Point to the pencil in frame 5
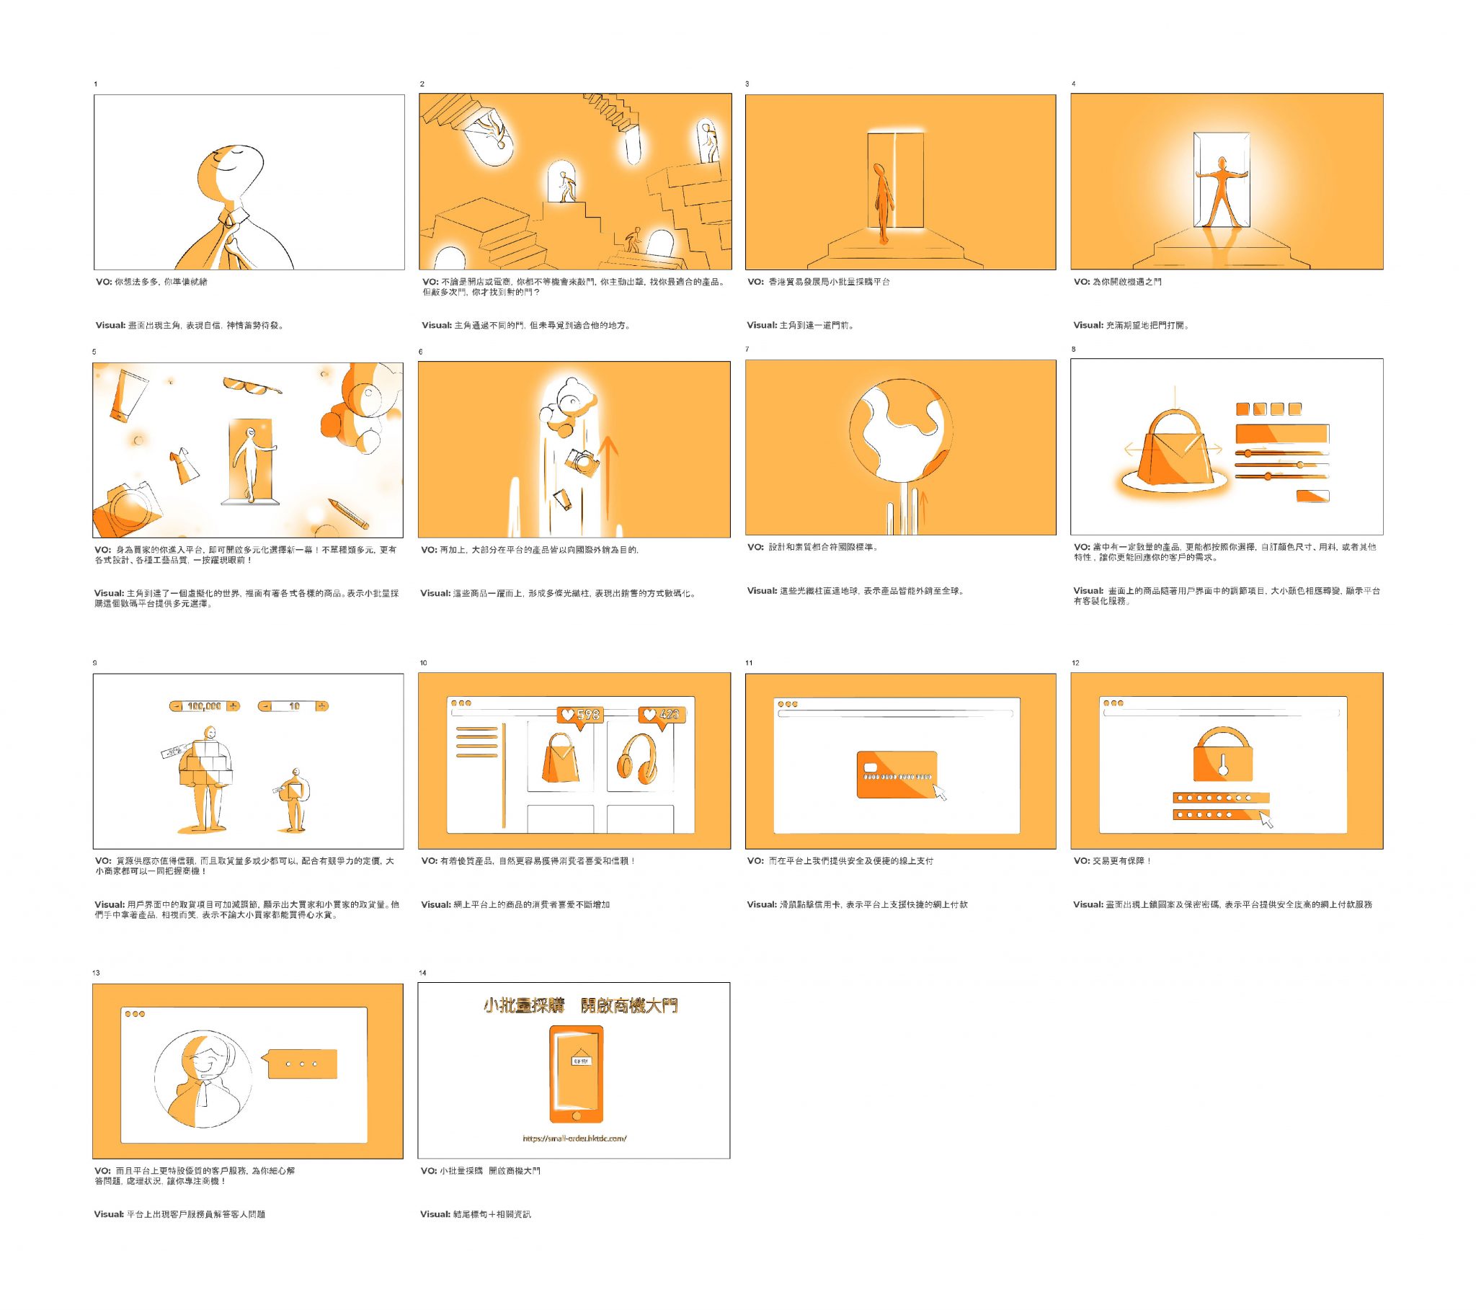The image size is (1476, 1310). pos(348,512)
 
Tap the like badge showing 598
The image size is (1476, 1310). pos(580,715)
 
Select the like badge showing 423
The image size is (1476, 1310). pos(661,715)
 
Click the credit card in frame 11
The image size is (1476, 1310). pos(897,774)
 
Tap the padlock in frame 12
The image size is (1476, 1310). pos(1222,754)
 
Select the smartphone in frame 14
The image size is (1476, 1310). pos(576,1074)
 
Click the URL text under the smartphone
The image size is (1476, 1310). pos(574,1139)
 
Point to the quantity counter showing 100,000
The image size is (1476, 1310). pos(205,706)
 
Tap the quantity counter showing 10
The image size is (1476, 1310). pos(293,706)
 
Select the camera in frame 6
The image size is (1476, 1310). pos(582,462)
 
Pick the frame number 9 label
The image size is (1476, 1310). pos(95,663)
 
